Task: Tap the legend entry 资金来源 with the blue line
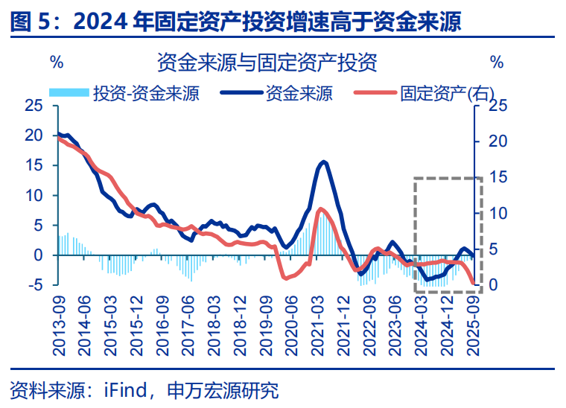299,93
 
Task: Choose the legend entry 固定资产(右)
448,93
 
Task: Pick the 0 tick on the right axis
493,285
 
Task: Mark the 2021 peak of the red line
320,209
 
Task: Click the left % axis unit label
56,62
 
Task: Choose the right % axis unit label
497,62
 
